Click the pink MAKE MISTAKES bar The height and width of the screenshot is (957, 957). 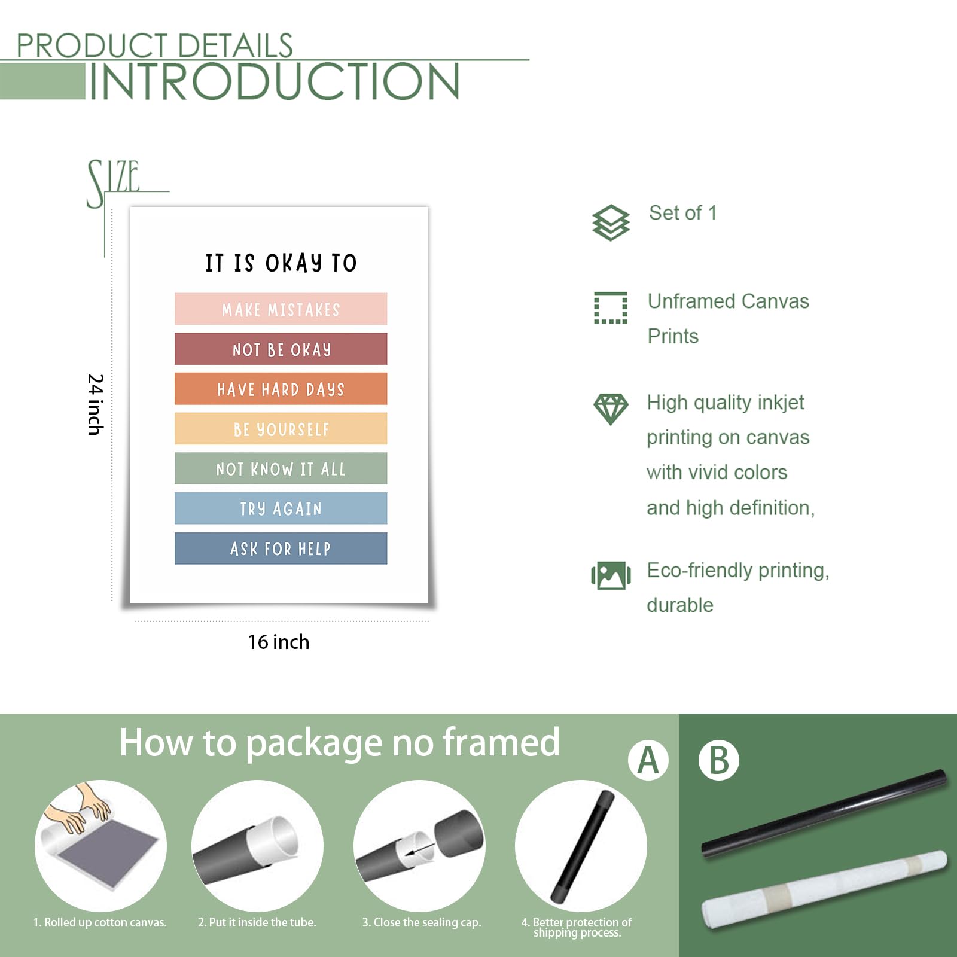[x=281, y=309]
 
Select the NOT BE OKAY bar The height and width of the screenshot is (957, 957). [x=281, y=349]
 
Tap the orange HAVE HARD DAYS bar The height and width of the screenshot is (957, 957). [x=281, y=389]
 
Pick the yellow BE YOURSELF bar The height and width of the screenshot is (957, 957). [x=281, y=428]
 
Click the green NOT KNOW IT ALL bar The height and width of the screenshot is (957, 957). [x=281, y=468]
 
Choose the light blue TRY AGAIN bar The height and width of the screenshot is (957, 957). [x=281, y=508]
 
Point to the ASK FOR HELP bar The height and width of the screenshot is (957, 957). [x=281, y=548]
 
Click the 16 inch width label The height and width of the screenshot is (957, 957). [x=279, y=642]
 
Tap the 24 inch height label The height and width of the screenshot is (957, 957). [x=96, y=404]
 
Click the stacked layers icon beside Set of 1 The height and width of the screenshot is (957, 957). [x=611, y=223]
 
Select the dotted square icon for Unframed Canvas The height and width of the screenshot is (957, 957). [x=611, y=308]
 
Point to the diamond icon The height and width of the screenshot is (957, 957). [x=611, y=409]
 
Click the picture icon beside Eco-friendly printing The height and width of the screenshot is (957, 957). [x=611, y=575]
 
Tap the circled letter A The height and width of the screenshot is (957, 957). [x=648, y=760]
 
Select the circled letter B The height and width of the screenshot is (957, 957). [x=719, y=760]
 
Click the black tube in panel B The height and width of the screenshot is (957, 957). [x=824, y=813]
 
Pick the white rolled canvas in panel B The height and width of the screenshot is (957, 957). [x=824, y=890]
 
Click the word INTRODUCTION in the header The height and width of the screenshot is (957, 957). [x=275, y=82]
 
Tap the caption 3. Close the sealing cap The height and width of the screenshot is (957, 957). [x=422, y=922]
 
